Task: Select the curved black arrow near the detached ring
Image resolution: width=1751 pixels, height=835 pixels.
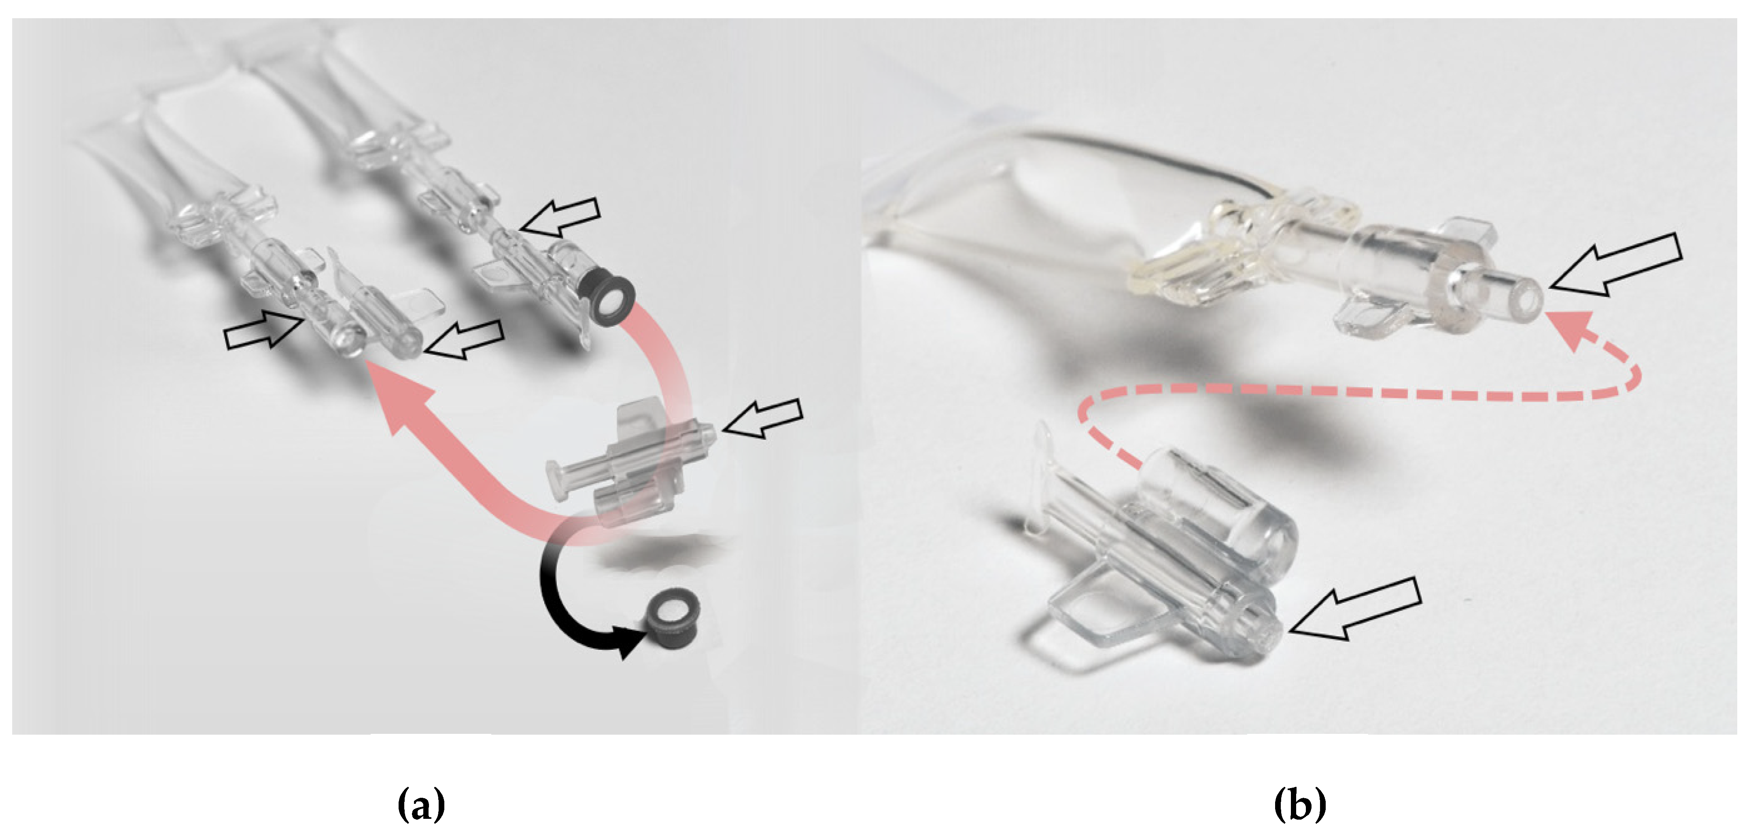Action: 554,598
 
